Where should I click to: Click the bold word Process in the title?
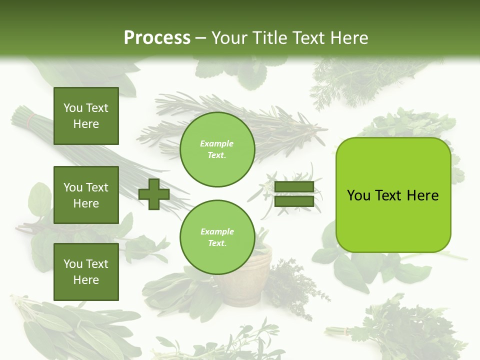pos(157,38)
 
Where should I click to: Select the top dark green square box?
pos(86,116)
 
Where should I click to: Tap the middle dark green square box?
pos(86,195)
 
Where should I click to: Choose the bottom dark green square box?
pos(86,272)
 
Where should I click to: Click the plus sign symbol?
pos(154,194)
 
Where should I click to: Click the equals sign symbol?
pos(294,194)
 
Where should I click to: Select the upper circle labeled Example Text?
pos(217,149)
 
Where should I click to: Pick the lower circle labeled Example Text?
pos(217,237)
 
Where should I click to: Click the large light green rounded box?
pos(393,195)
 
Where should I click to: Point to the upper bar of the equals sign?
pos(294,187)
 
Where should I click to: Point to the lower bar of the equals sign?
pos(294,201)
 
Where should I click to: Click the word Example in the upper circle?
pos(217,144)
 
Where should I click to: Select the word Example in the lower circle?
pos(217,232)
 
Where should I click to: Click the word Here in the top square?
pos(86,124)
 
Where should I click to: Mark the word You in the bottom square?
pos(73,264)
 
